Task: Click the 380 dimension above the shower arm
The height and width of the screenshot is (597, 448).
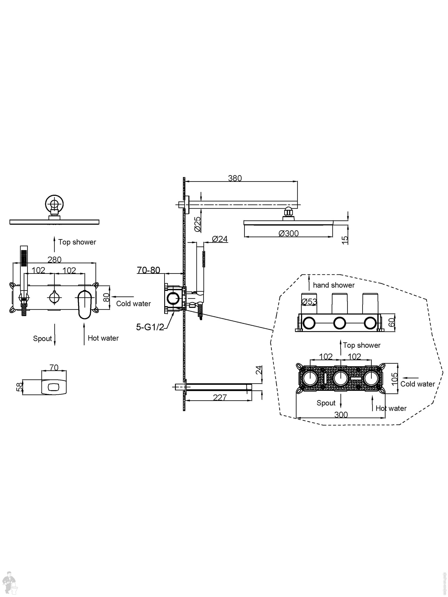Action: (x=235, y=178)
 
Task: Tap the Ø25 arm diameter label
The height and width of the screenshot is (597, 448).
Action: (x=198, y=224)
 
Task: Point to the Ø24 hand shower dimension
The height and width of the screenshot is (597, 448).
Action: (x=220, y=239)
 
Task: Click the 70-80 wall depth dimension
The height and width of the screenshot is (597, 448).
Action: (x=148, y=270)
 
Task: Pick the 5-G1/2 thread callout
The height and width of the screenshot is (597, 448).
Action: (x=150, y=327)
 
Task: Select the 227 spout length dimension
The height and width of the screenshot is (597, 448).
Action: (x=220, y=397)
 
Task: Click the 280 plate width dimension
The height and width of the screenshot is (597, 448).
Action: (x=54, y=260)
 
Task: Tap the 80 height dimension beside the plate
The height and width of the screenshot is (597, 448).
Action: (x=106, y=297)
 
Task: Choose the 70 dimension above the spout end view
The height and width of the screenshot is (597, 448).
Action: (x=54, y=367)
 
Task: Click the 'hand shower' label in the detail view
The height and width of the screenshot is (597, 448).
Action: (x=334, y=285)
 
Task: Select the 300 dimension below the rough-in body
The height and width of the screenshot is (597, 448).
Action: (x=341, y=414)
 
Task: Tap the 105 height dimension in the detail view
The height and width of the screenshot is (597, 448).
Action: (x=394, y=379)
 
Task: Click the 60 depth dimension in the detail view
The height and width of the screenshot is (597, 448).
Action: (x=392, y=322)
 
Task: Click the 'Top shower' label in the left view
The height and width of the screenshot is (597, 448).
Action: (x=77, y=242)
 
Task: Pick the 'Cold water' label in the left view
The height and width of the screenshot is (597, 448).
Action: (x=134, y=304)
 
